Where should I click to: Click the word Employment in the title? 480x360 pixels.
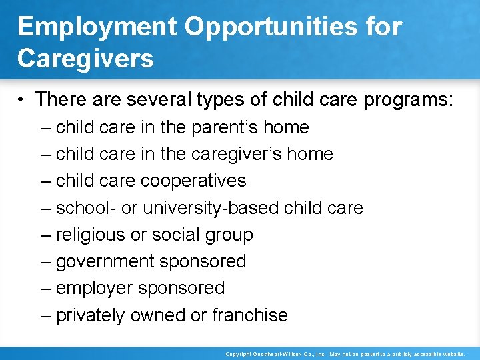point(96,27)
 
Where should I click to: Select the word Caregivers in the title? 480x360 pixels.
point(85,58)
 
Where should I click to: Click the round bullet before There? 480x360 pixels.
point(22,100)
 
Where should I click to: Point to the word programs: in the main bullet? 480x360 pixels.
point(409,100)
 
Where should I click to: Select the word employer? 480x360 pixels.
point(94,288)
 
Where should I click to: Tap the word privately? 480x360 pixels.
point(90,315)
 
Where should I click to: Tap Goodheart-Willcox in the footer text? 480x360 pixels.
point(275,354)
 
